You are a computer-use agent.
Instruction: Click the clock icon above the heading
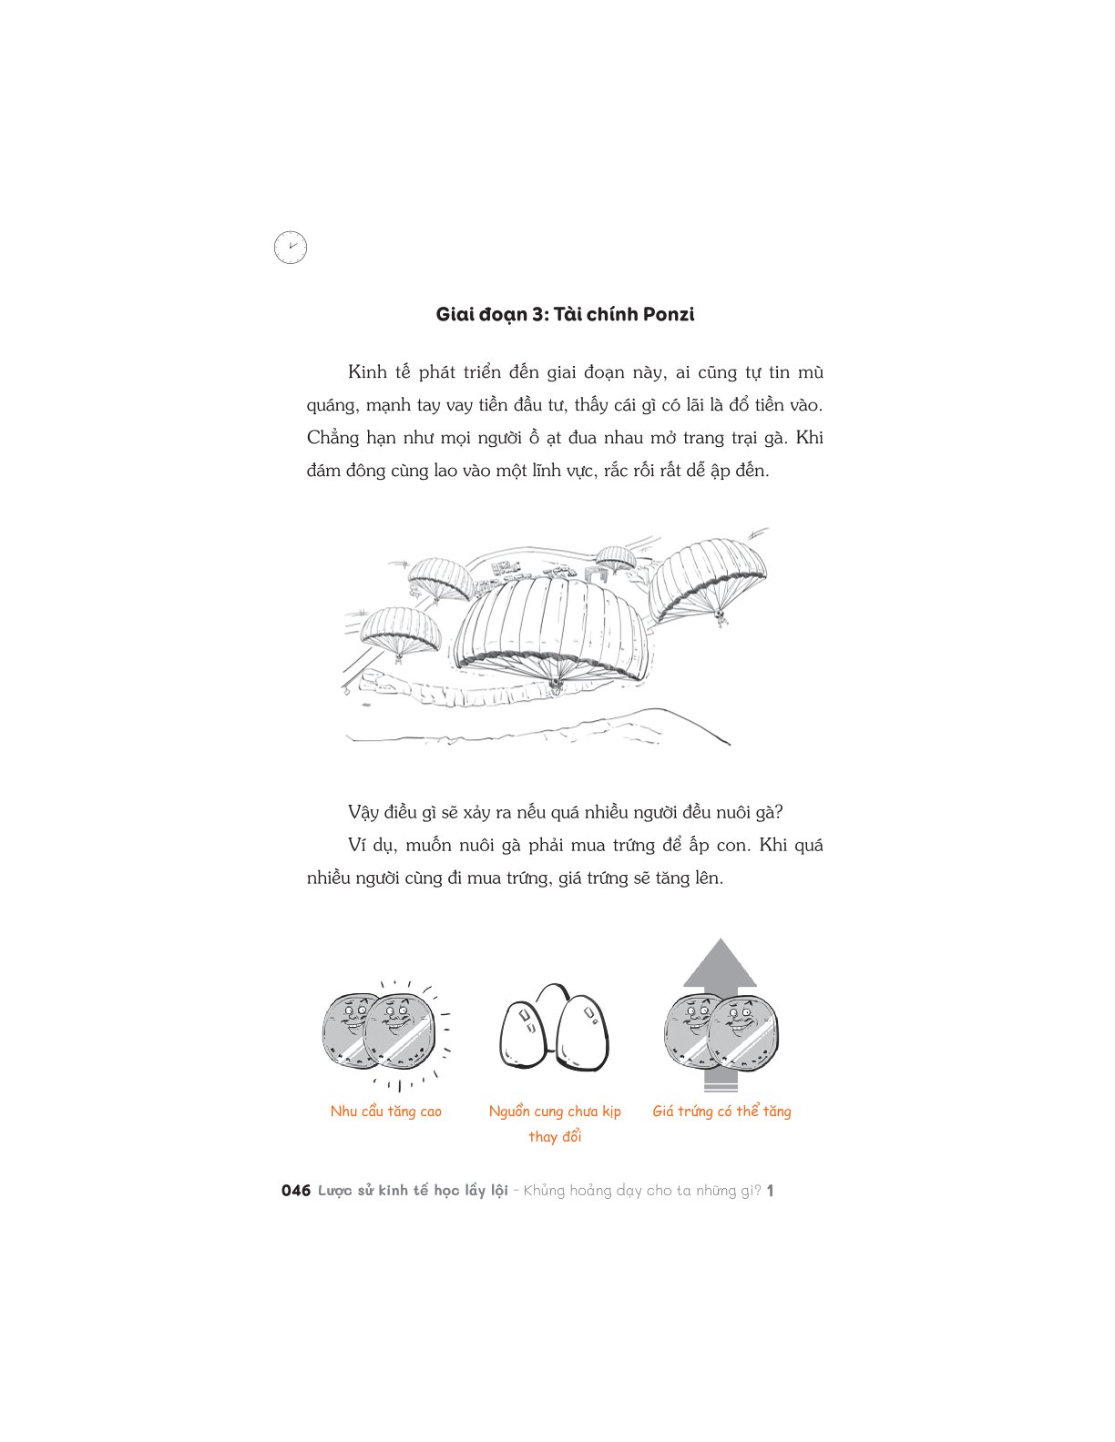point(291,248)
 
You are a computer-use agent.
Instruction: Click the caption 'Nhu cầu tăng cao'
point(386,1111)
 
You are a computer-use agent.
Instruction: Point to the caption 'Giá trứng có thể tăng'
point(721,1111)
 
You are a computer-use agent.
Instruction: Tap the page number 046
point(296,1191)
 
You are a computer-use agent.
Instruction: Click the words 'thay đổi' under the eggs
point(555,1137)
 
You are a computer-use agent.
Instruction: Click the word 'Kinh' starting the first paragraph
point(367,371)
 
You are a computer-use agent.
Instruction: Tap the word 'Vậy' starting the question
point(363,812)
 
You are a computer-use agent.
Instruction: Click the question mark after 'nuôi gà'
point(779,812)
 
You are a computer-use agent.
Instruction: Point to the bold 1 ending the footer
point(771,1191)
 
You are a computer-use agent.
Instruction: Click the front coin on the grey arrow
point(742,1035)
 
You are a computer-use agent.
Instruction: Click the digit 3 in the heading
point(537,314)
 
